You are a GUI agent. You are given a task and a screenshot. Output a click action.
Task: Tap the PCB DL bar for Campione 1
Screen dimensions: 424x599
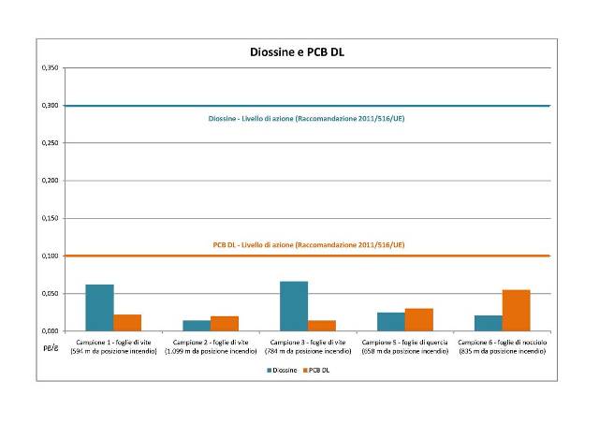tap(127, 322)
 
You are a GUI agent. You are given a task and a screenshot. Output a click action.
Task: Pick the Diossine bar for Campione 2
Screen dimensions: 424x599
tap(197, 326)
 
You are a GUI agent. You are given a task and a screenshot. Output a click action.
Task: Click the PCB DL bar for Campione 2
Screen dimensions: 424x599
tap(225, 324)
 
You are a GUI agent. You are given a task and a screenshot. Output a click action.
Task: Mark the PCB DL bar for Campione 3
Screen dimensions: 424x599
tap(322, 326)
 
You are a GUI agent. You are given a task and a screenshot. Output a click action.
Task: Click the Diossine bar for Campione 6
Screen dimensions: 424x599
tap(489, 323)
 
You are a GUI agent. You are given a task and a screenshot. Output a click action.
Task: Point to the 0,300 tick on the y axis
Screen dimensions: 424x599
tap(49, 106)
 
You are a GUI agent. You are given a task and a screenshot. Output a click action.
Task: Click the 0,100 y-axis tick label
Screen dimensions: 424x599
tap(49, 256)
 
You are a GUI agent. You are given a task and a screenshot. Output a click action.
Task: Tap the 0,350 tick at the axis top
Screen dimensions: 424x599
tap(49, 68)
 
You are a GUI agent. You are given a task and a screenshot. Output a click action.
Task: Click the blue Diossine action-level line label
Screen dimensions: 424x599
tap(306, 120)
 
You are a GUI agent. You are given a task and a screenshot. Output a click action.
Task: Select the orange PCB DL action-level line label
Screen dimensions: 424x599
tap(309, 244)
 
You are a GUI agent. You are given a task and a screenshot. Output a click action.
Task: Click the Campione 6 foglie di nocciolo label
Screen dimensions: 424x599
tap(502, 345)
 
